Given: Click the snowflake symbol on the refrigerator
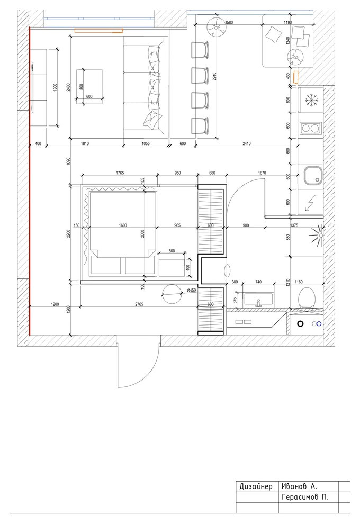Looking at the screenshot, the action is pos(311,100).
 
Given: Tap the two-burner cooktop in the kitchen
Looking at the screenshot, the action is pos(311,128).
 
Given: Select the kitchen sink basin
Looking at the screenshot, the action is pos(313,175).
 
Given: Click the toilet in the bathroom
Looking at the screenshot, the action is pos(307,298).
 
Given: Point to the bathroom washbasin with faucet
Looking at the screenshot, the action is pos(259,299).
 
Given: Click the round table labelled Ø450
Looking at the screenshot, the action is pos(172,294).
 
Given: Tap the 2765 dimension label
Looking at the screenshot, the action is pos(139,304).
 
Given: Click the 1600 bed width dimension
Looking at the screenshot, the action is pos(123,225).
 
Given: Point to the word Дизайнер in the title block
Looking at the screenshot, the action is pos(256,486).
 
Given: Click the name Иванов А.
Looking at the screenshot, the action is pos(300,486).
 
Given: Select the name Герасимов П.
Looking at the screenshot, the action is pos(305,497).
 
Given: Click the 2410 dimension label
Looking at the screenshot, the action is pos(246,143).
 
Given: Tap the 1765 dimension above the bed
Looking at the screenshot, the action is pos(120,173).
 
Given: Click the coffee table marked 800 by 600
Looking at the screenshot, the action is pos(89,87).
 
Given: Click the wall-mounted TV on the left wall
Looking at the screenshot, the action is pos(32,88).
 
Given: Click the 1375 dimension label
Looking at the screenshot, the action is pos(294,225).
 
